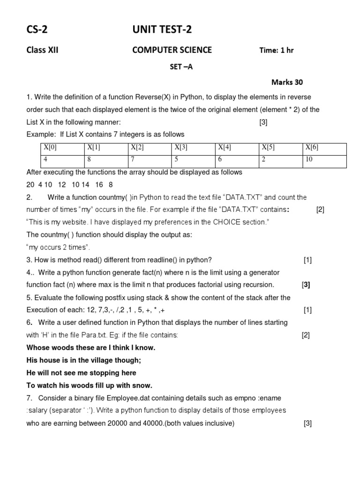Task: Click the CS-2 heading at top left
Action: (37, 30)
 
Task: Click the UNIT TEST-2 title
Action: (162, 30)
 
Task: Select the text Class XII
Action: (42, 50)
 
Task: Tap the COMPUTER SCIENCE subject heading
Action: (172, 50)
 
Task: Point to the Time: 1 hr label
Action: (277, 51)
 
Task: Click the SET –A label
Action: (181, 67)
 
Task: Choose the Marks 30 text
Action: (287, 82)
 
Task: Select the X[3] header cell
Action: (181, 148)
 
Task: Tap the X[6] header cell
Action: (312, 148)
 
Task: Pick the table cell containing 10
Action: (309, 159)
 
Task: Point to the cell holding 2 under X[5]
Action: (264, 159)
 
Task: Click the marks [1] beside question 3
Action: (307, 260)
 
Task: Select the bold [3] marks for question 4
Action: (306, 285)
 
